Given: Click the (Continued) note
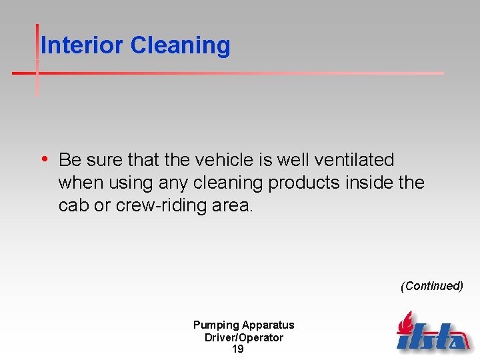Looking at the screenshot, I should pyautogui.click(x=431, y=286).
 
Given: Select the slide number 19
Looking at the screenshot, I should pyautogui.click(x=237, y=349).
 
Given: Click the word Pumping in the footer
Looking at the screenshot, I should pyautogui.click(x=216, y=325).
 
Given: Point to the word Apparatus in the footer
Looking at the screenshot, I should pyautogui.click(x=268, y=325).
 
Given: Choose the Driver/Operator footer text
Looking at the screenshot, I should pyautogui.click(x=243, y=337).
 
